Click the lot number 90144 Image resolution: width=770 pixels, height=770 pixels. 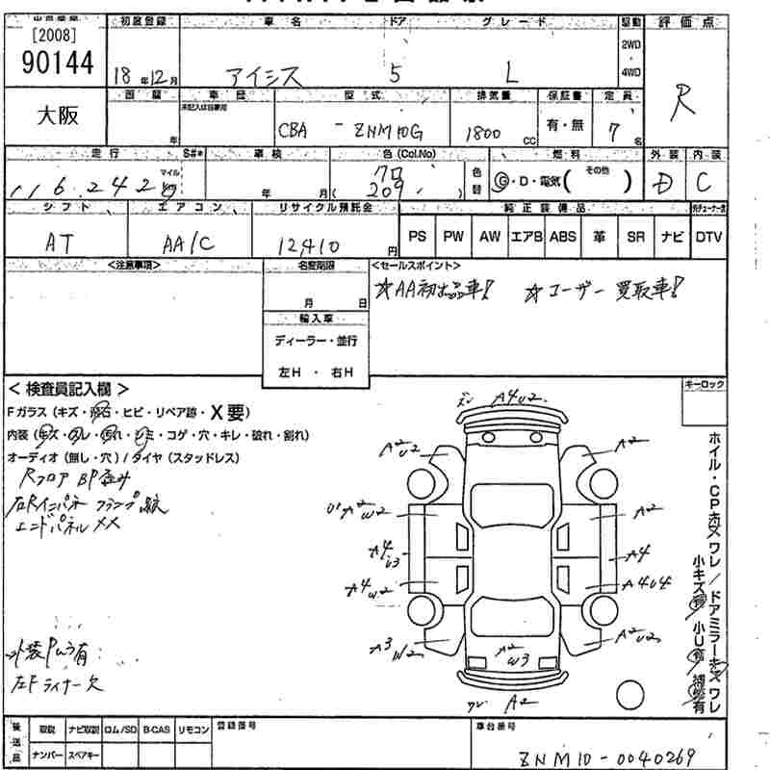click(x=55, y=63)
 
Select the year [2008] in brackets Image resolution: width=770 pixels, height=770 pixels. click(x=55, y=37)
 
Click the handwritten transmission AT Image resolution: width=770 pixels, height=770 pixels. click(x=63, y=244)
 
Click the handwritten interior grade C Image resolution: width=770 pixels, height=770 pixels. click(x=705, y=181)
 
